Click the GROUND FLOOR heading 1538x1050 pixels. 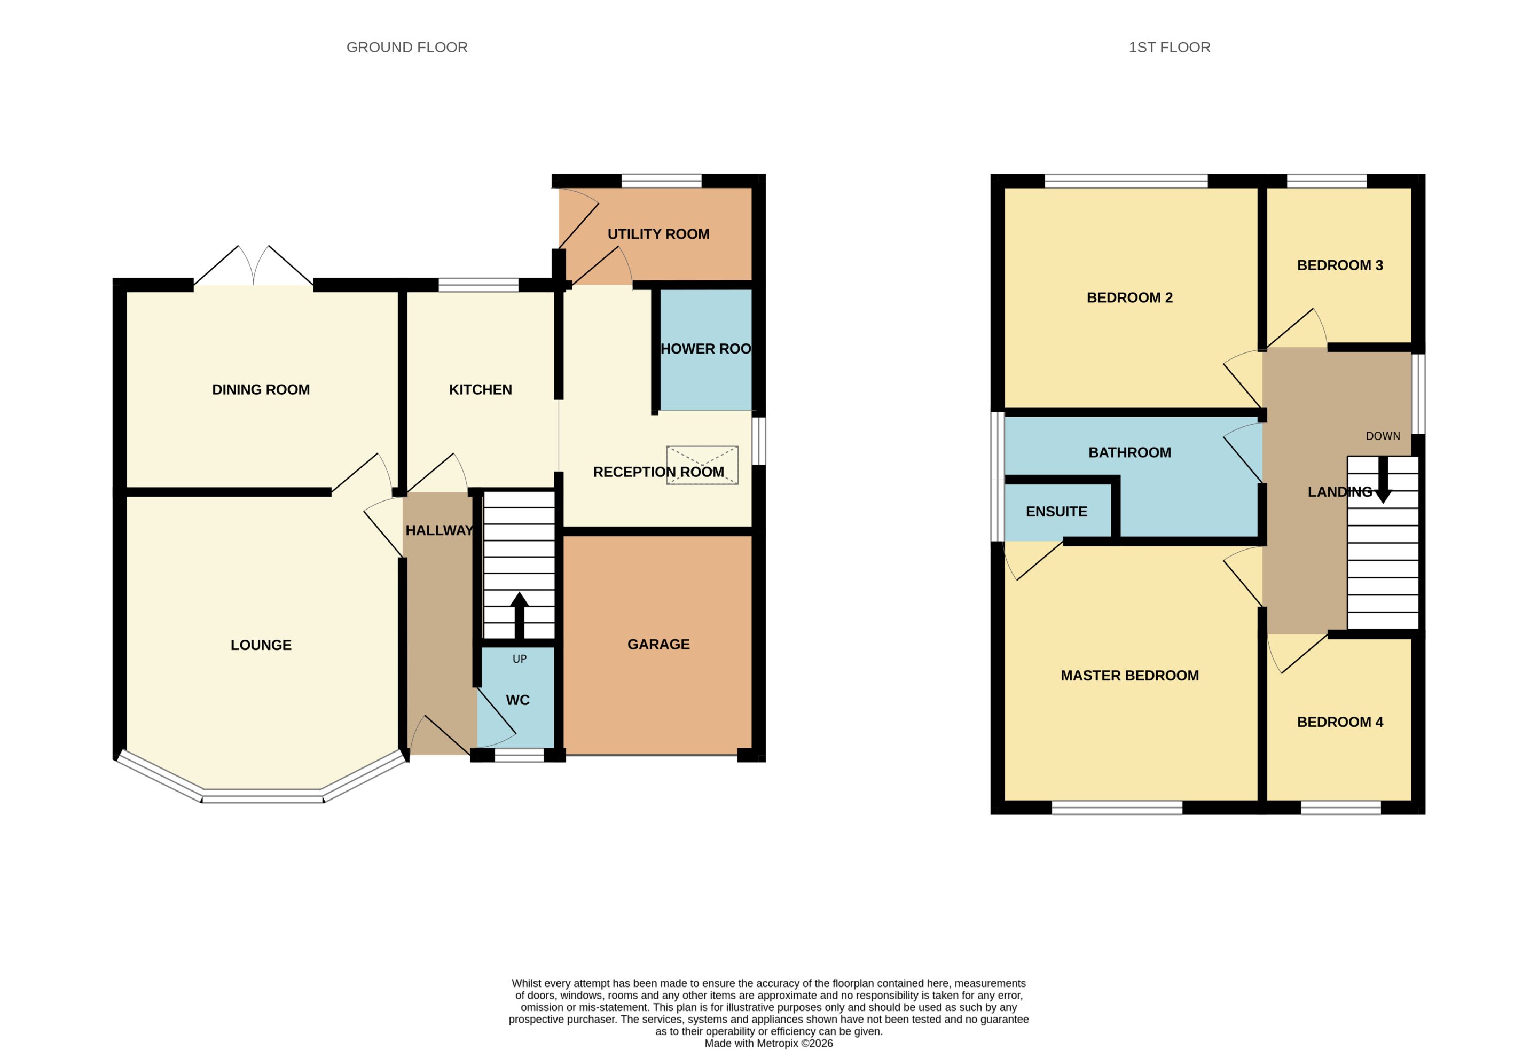[x=407, y=48]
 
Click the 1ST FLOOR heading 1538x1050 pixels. [x=1170, y=48]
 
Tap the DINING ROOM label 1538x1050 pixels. [x=261, y=390]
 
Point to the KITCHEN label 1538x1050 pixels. [x=481, y=390]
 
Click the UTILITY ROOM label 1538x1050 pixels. [x=658, y=234]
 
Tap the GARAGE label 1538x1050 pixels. [x=658, y=645]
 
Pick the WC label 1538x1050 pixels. [x=517, y=700]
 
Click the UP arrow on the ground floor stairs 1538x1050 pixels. [x=520, y=616]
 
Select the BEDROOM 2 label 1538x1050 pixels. [x=1129, y=298]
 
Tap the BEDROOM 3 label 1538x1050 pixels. [x=1340, y=265]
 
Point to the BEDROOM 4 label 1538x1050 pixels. [x=1340, y=722]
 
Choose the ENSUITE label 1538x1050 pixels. [x=1057, y=512]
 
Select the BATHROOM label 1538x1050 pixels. [x=1129, y=453]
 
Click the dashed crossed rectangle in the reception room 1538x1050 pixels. [x=702, y=465]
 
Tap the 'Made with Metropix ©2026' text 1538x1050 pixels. [x=768, y=1044]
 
